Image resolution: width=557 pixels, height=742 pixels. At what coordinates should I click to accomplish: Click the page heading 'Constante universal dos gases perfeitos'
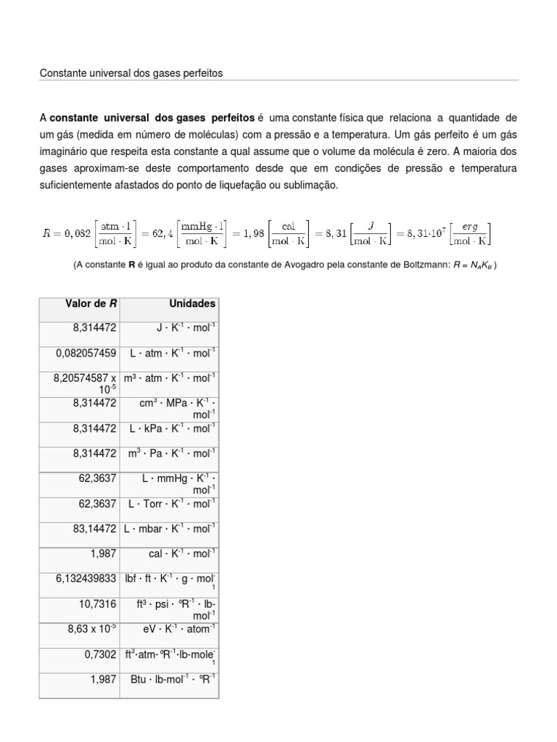[x=131, y=73]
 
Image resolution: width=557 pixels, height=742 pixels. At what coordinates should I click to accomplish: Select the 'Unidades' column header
[x=192, y=304]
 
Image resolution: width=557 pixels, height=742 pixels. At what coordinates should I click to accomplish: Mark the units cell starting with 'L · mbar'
[x=170, y=528]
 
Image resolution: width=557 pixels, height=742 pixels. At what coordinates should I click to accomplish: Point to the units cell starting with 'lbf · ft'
[x=172, y=578]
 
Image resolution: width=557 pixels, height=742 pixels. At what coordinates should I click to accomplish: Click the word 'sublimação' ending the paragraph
[x=313, y=185]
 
